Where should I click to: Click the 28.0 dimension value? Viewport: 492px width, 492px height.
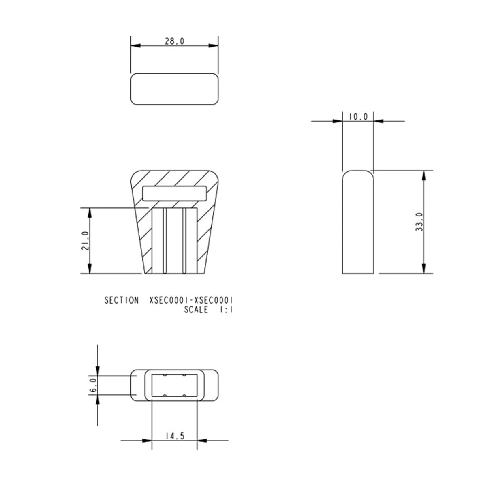[x=174, y=41]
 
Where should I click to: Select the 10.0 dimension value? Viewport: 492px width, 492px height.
[x=358, y=117]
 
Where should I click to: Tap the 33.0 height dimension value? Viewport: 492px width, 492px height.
[x=420, y=222]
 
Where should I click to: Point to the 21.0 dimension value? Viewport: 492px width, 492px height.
[x=86, y=240]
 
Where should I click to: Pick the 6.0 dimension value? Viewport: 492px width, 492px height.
[x=93, y=385]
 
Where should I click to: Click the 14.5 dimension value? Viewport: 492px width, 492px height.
[x=175, y=436]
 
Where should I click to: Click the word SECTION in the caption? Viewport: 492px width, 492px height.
[x=121, y=300]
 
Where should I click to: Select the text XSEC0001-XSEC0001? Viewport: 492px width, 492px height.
[x=193, y=300]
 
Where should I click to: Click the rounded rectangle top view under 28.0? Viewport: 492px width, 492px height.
[x=174, y=89]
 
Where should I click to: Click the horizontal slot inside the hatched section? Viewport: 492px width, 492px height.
[x=174, y=194]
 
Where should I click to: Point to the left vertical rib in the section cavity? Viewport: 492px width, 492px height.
[x=165, y=241]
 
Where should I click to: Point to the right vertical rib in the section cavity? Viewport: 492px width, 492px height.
[x=184, y=241]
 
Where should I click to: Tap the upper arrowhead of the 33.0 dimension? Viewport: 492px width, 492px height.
[x=424, y=175]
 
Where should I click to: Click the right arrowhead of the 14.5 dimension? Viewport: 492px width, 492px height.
[x=201, y=441]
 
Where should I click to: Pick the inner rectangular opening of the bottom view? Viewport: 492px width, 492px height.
[x=174, y=385]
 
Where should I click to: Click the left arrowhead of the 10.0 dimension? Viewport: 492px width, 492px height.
[x=338, y=121]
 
